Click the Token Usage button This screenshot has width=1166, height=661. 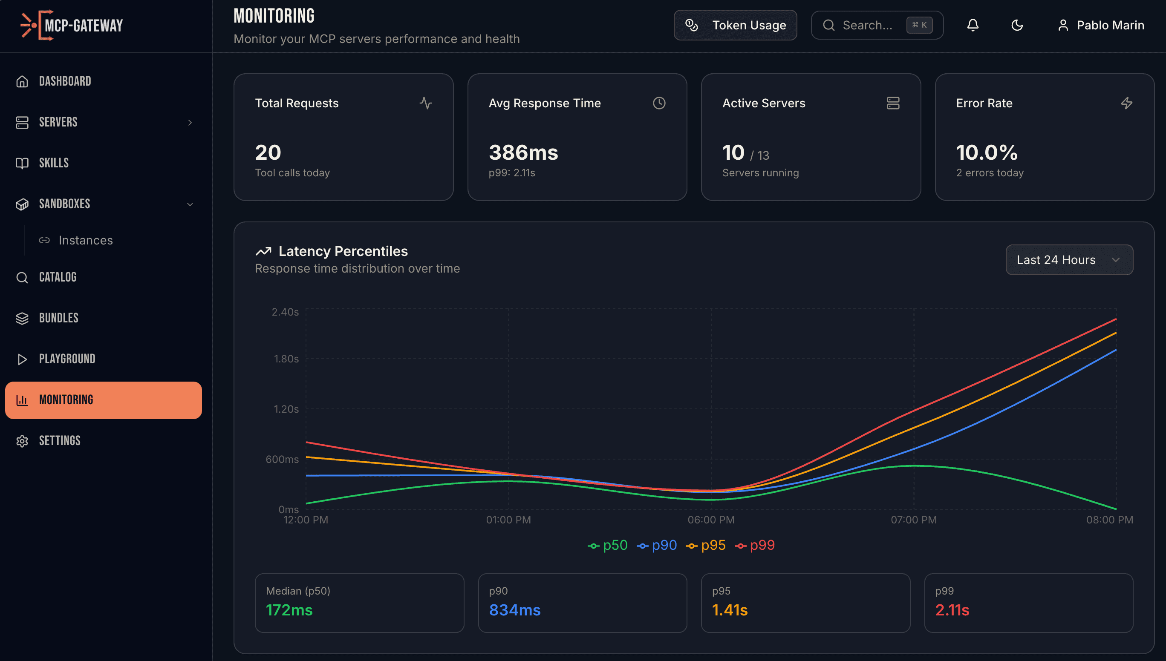click(735, 25)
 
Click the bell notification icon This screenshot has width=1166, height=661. click(973, 25)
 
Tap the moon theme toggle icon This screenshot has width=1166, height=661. click(1017, 25)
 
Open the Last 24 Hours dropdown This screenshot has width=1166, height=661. click(1069, 260)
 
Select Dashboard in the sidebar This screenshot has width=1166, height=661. click(65, 81)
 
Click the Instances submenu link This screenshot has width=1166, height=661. click(85, 240)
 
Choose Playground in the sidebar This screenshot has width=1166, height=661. click(67, 359)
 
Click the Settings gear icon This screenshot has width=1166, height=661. click(22, 441)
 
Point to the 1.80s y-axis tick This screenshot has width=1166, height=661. click(286, 359)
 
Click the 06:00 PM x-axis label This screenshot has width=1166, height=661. click(711, 520)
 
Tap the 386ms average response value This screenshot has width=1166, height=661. click(523, 152)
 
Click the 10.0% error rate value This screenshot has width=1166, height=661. click(987, 152)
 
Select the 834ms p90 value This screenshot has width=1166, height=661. click(515, 610)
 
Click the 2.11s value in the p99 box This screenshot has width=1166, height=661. click(952, 610)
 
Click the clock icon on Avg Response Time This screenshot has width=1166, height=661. click(659, 103)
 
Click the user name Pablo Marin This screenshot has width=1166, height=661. click(1110, 25)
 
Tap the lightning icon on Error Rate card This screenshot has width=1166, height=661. click(1126, 103)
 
